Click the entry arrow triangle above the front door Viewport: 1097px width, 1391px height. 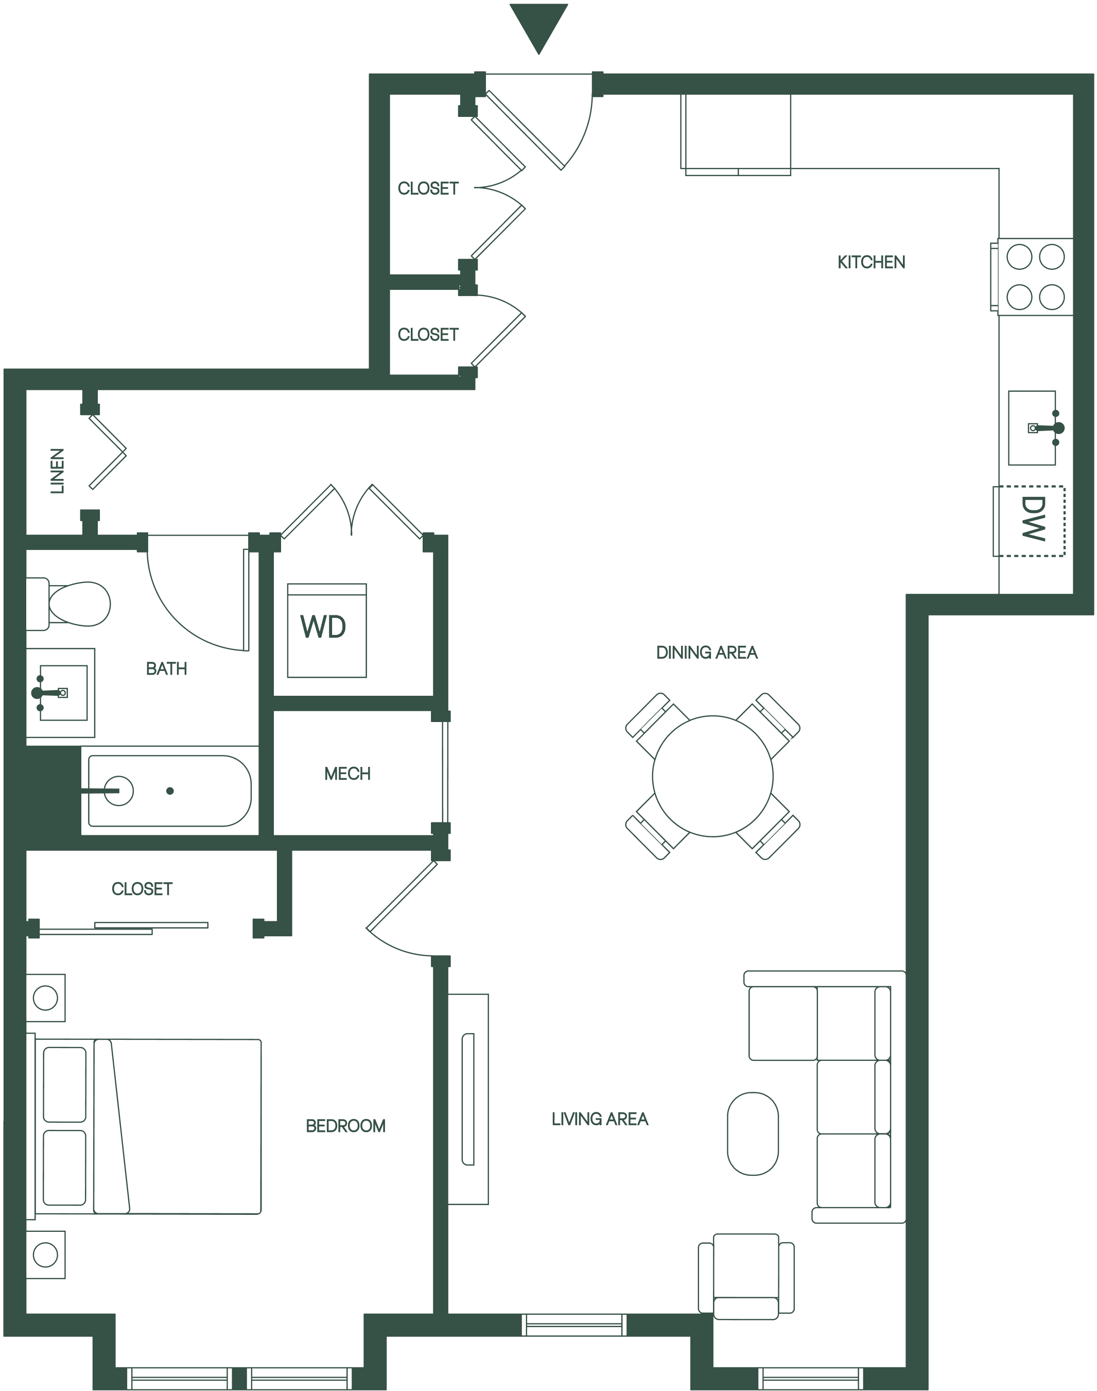538,26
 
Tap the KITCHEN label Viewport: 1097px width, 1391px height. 871,262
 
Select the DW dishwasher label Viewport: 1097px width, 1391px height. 1033,519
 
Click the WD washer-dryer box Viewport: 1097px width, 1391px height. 327,630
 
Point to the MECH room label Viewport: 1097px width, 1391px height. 347,774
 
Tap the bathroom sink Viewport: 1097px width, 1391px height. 60,693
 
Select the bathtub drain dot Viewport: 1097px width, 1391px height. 170,791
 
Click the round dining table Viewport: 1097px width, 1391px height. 712,776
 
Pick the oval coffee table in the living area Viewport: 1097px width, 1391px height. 753,1134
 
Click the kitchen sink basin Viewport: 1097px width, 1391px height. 1032,428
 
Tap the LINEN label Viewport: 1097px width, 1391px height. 58,471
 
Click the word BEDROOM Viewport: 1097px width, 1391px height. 345,1126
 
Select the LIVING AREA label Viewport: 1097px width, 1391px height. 600,1119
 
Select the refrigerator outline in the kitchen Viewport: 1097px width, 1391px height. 736,135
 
